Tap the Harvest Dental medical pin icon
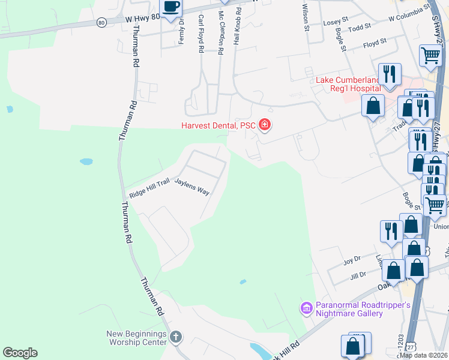(x=265, y=125)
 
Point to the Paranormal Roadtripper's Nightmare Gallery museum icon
(x=307, y=309)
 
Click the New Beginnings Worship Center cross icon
(x=175, y=337)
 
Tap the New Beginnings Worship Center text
(x=136, y=338)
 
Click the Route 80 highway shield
(x=101, y=23)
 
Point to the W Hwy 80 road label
(x=143, y=18)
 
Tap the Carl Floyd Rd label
(x=201, y=34)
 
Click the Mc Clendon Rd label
(x=221, y=33)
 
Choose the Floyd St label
(x=375, y=44)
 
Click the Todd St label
(x=360, y=28)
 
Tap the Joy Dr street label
(x=351, y=261)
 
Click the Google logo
(x=20, y=353)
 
